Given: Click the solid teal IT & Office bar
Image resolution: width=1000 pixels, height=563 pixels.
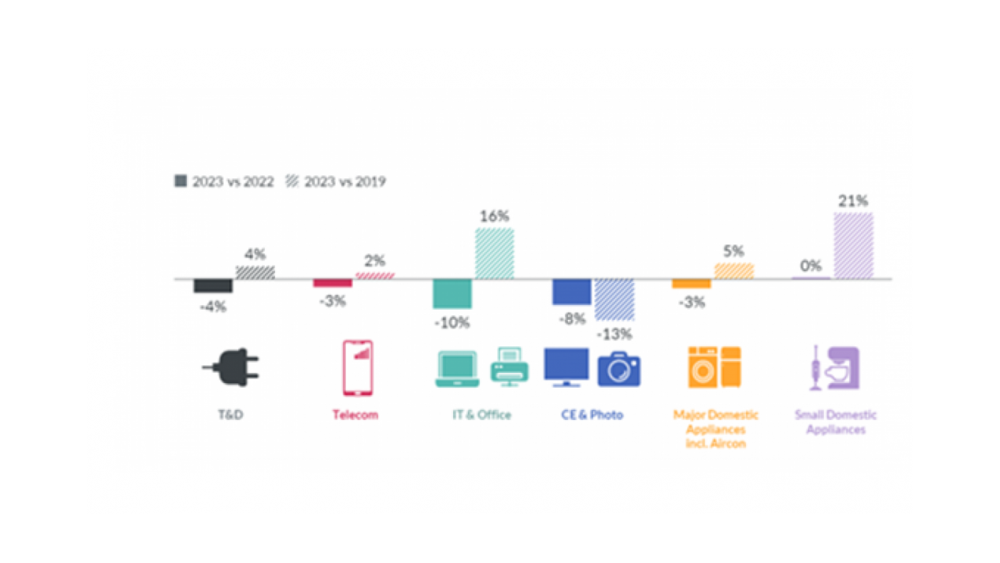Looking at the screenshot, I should tap(452, 293).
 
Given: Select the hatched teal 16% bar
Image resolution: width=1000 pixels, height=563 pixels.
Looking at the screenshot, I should tap(495, 253).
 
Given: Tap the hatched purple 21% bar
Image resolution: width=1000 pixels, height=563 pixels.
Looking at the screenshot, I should tap(853, 246).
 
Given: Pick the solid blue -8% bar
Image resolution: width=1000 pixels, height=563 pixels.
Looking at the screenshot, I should tap(572, 292).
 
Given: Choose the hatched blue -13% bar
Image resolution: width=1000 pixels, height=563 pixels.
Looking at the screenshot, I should tap(614, 299).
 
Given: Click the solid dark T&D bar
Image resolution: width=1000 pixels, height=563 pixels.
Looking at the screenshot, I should tap(212, 285).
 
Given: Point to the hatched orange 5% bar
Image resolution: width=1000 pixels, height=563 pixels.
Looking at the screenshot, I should tap(734, 271).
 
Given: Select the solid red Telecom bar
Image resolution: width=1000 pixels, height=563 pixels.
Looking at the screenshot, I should tap(333, 283).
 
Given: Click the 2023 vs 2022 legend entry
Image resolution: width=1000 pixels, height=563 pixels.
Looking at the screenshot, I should tap(224, 181).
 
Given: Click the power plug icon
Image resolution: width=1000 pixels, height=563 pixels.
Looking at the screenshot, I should tap(231, 368).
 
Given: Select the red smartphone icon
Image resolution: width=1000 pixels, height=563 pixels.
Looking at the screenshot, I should tap(358, 368).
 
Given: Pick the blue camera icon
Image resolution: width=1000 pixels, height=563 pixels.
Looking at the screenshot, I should tap(619, 369).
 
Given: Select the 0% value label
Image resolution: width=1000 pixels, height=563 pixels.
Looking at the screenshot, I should tap(810, 266).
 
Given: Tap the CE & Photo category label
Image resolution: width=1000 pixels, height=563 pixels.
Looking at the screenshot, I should tap(592, 414).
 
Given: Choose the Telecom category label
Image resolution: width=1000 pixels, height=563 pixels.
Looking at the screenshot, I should tap(355, 414).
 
